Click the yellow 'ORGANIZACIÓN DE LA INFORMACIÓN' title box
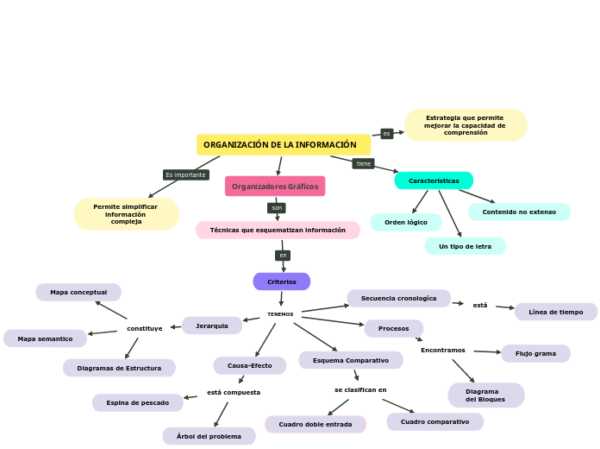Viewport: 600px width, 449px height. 283,145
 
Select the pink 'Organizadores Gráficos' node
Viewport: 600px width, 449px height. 275,187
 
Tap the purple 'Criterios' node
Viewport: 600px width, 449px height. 282,281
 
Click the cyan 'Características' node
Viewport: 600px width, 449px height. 434,180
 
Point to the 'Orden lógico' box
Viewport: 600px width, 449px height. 406,223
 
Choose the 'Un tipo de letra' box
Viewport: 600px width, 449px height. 465,246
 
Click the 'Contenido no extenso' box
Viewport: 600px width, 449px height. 519,212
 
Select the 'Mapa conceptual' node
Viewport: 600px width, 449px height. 78,293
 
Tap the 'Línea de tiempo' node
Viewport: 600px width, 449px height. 556,312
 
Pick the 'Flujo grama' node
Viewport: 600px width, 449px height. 535,353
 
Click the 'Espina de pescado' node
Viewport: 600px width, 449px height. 138,402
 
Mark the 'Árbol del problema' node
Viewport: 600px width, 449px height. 209,436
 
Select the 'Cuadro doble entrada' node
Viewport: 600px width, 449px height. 316,424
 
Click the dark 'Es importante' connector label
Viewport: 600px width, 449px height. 186,174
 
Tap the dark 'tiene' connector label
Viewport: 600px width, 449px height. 364,163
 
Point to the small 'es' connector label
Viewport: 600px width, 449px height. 387,134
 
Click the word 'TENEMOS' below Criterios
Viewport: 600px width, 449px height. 280,314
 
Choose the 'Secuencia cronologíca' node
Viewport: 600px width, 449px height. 398,298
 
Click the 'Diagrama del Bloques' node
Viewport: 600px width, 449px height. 485,395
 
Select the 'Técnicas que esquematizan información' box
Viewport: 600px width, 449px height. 278,231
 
